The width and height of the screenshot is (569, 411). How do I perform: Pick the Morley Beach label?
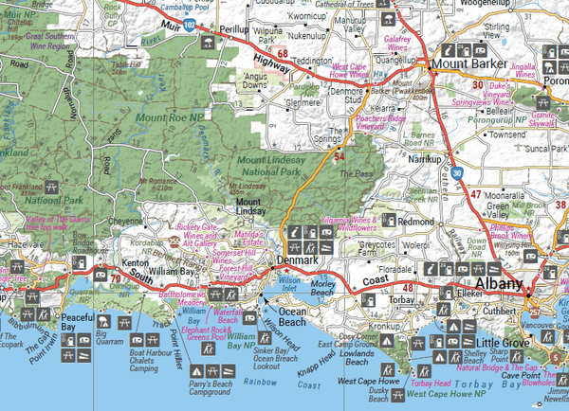[323, 287]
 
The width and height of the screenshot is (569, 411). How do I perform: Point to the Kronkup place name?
[383, 324]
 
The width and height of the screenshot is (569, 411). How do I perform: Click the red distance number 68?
[282, 54]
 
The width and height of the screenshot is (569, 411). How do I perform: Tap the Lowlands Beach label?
[358, 358]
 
